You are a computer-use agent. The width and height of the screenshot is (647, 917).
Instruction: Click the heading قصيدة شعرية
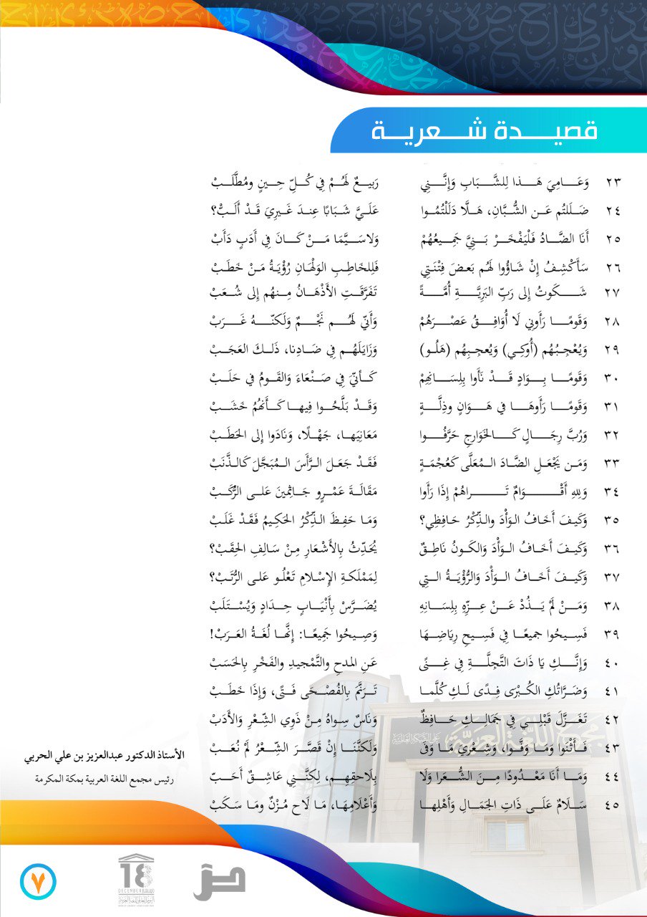485,132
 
